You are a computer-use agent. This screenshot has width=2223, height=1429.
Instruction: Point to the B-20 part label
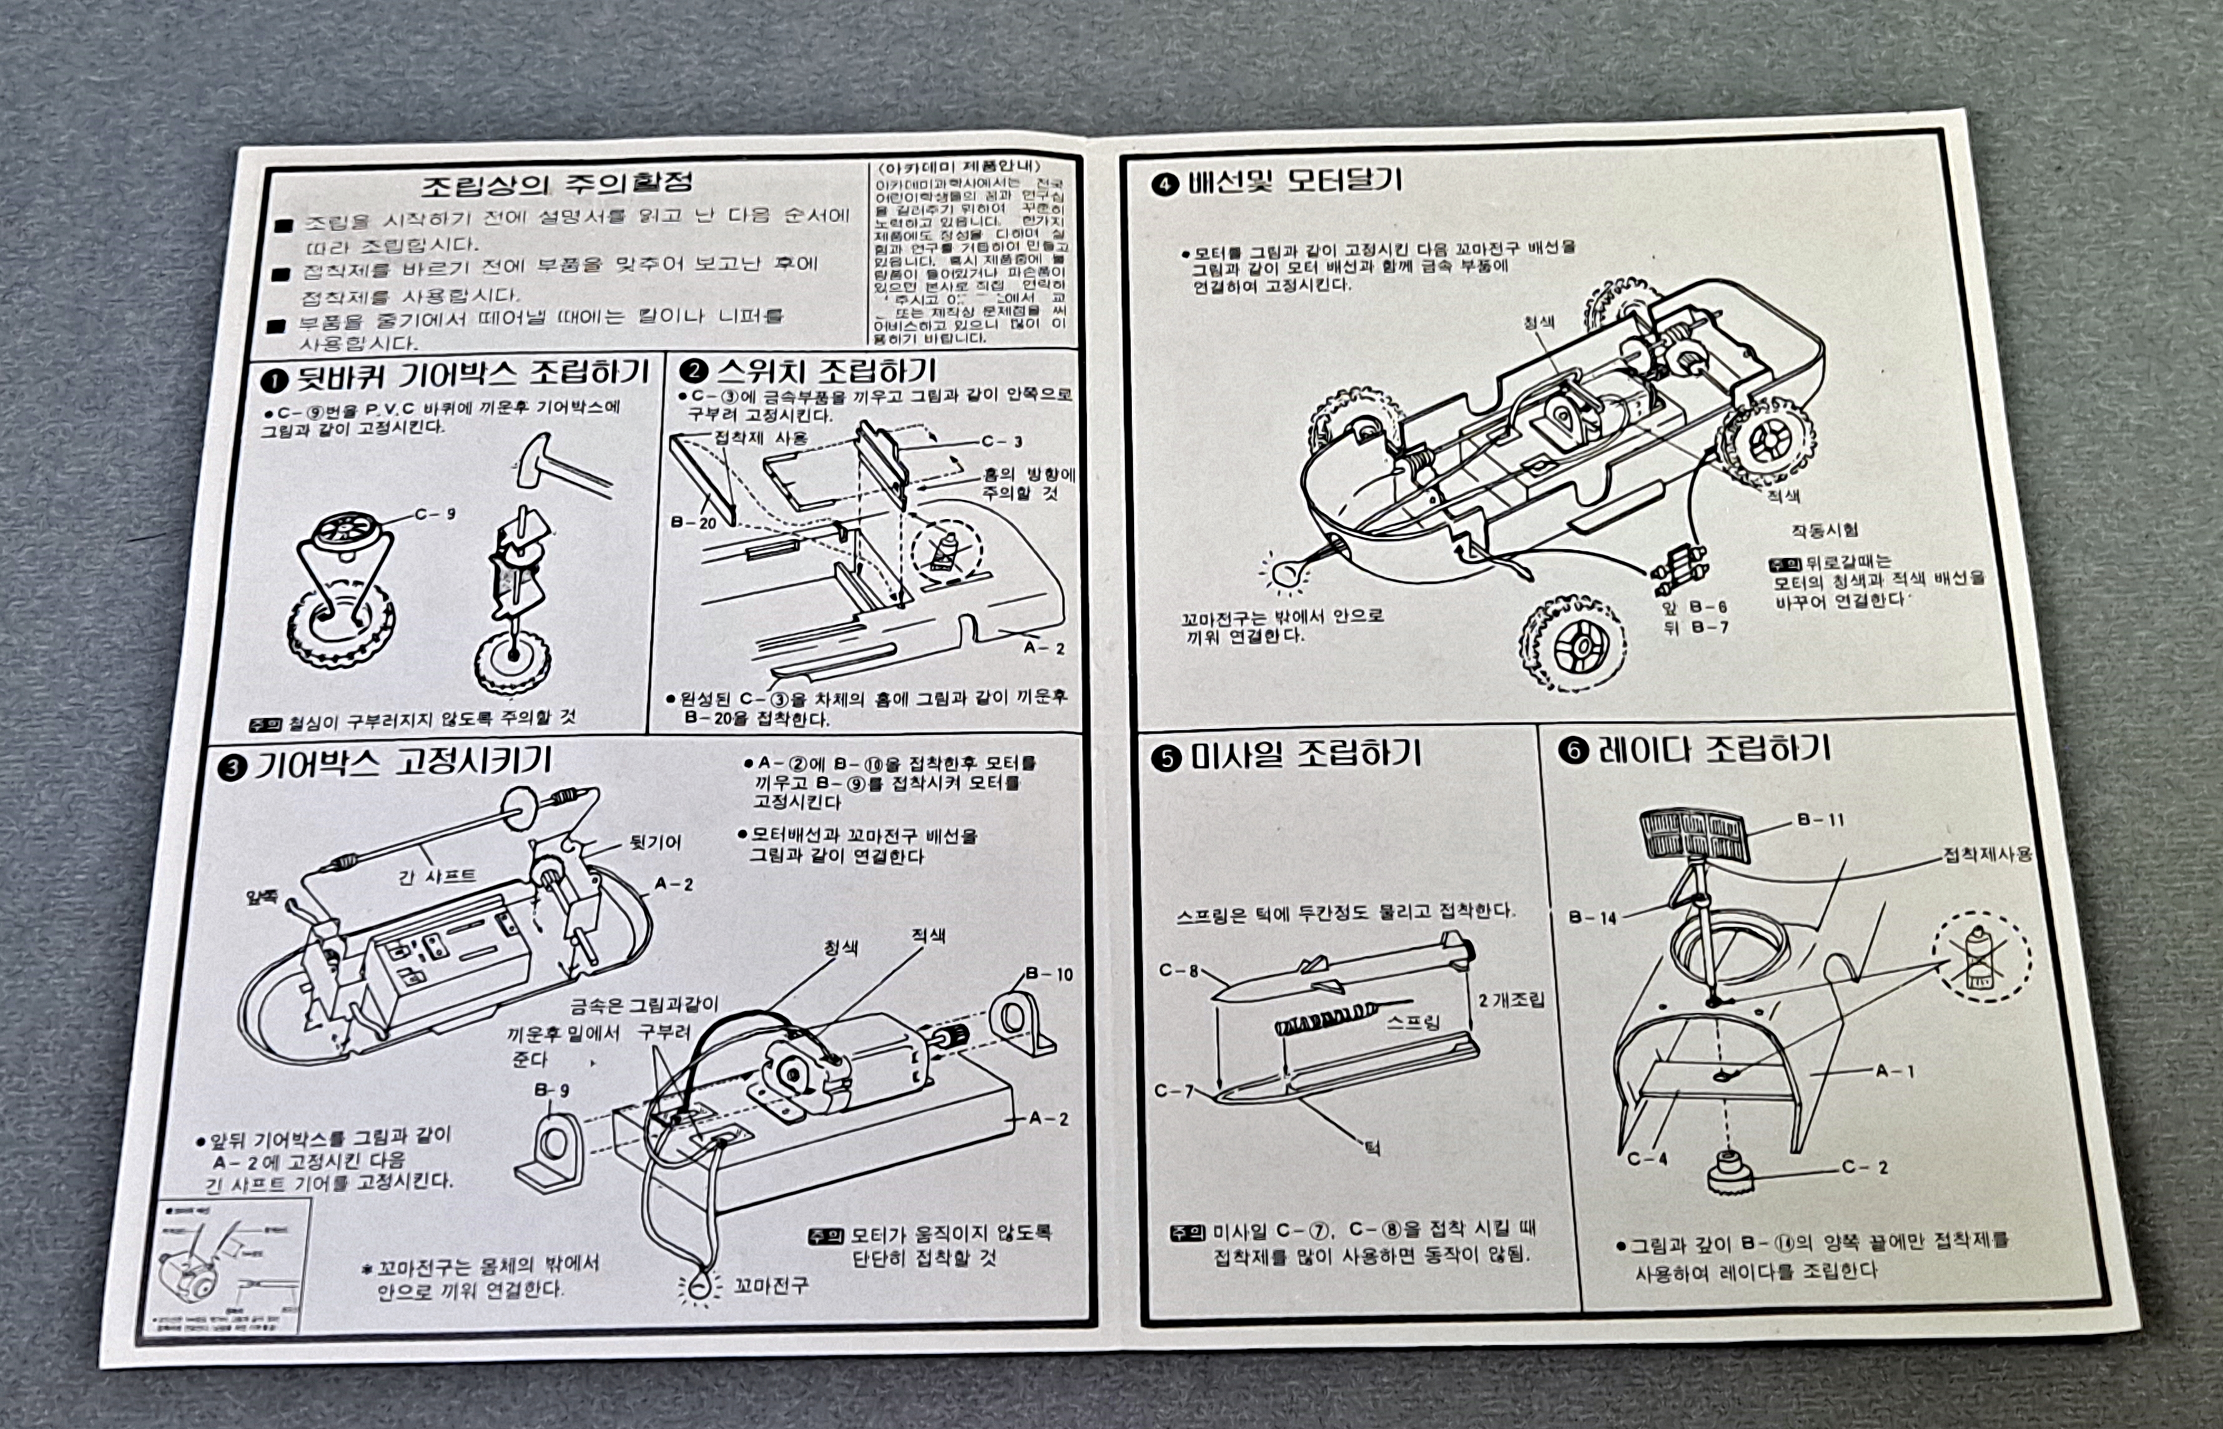point(693,523)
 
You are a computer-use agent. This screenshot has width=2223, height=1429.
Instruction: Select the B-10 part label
point(1049,975)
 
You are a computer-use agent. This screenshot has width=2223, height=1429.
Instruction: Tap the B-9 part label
point(551,1090)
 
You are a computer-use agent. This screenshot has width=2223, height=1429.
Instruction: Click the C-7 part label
point(1173,1090)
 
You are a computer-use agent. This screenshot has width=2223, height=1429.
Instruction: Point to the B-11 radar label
point(1820,819)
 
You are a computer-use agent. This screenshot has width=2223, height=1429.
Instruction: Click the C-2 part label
point(1864,1167)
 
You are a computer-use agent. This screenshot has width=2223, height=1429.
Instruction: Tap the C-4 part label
point(1647,1158)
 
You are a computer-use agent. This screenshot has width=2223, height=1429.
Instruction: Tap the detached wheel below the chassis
point(1572,641)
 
